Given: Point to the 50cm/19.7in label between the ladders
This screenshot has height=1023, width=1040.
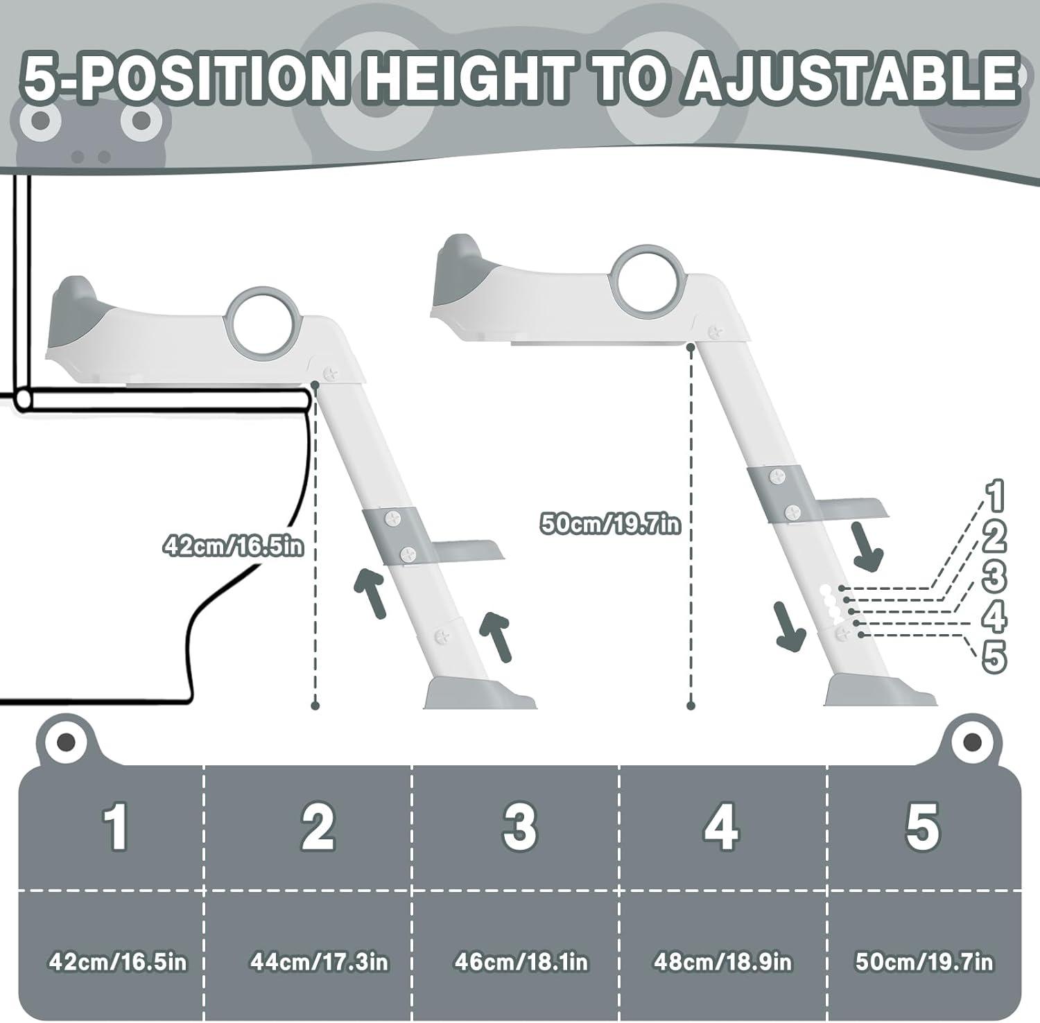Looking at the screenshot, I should (610, 525).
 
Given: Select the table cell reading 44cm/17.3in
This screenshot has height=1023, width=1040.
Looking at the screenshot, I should (319, 962).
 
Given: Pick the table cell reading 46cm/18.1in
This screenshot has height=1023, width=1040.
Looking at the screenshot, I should (521, 962).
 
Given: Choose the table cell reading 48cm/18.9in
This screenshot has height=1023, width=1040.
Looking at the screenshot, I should (722, 962).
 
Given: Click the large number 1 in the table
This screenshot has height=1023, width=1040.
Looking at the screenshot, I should (115, 825).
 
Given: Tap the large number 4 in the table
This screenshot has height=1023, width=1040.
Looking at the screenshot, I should (721, 825).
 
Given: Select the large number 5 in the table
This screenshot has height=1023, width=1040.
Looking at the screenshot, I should (922, 825).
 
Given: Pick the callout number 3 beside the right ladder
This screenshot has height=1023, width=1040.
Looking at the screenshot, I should (994, 575).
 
